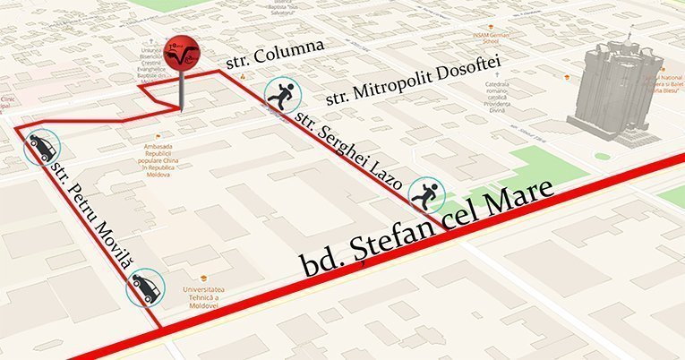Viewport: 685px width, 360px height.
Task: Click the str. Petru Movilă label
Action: click(94, 213)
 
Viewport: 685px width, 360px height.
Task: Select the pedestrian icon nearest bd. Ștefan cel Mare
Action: click(425, 193)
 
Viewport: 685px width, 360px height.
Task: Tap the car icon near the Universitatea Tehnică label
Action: click(143, 288)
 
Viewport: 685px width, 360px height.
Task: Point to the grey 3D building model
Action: click(617, 94)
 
